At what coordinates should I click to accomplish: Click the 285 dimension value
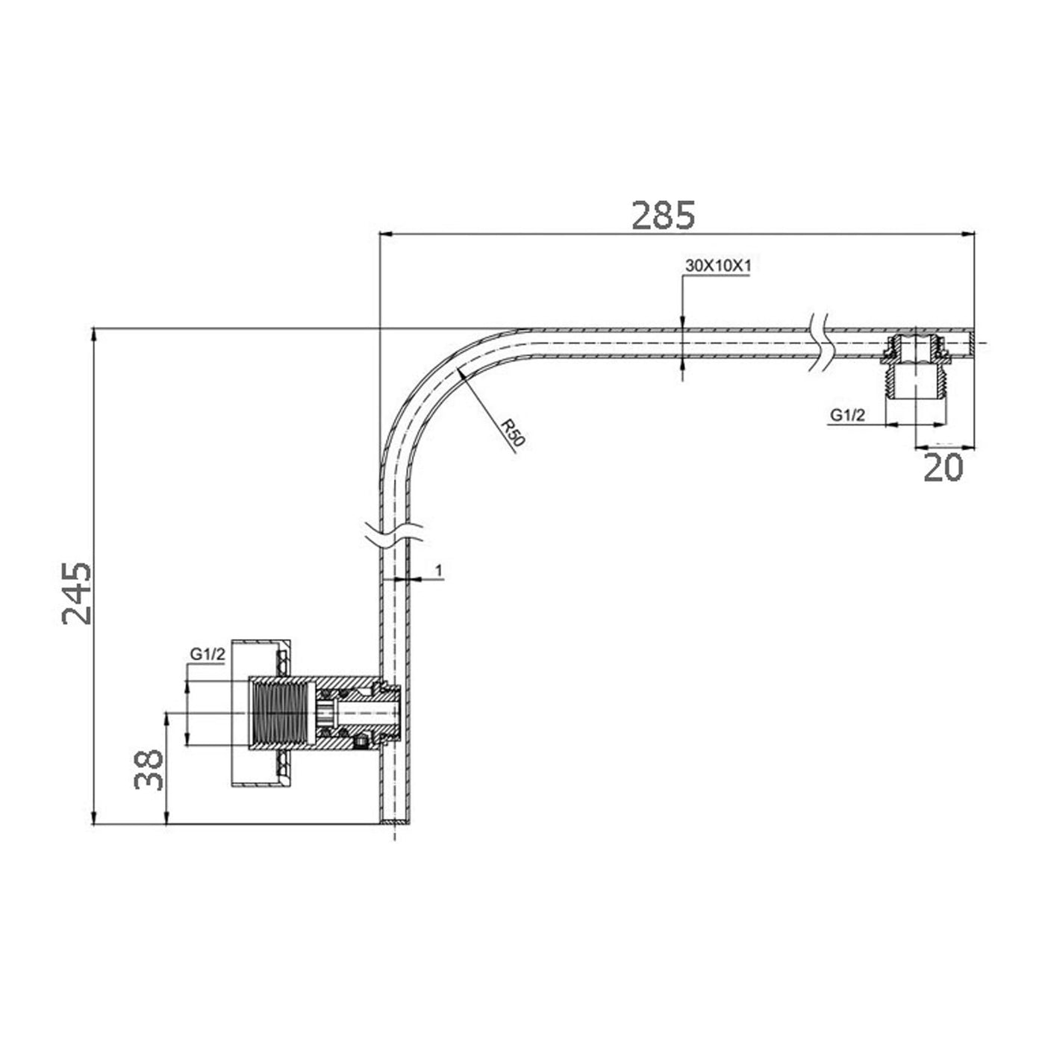point(663,215)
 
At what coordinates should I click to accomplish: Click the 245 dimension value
point(77,594)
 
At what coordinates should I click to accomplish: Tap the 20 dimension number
point(943,467)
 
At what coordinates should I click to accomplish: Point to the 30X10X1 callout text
point(717,266)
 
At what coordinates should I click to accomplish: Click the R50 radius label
point(512,433)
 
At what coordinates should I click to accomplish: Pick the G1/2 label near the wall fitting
point(208,655)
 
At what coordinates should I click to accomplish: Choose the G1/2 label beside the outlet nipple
point(848,416)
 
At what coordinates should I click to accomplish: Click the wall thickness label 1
point(439,570)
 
